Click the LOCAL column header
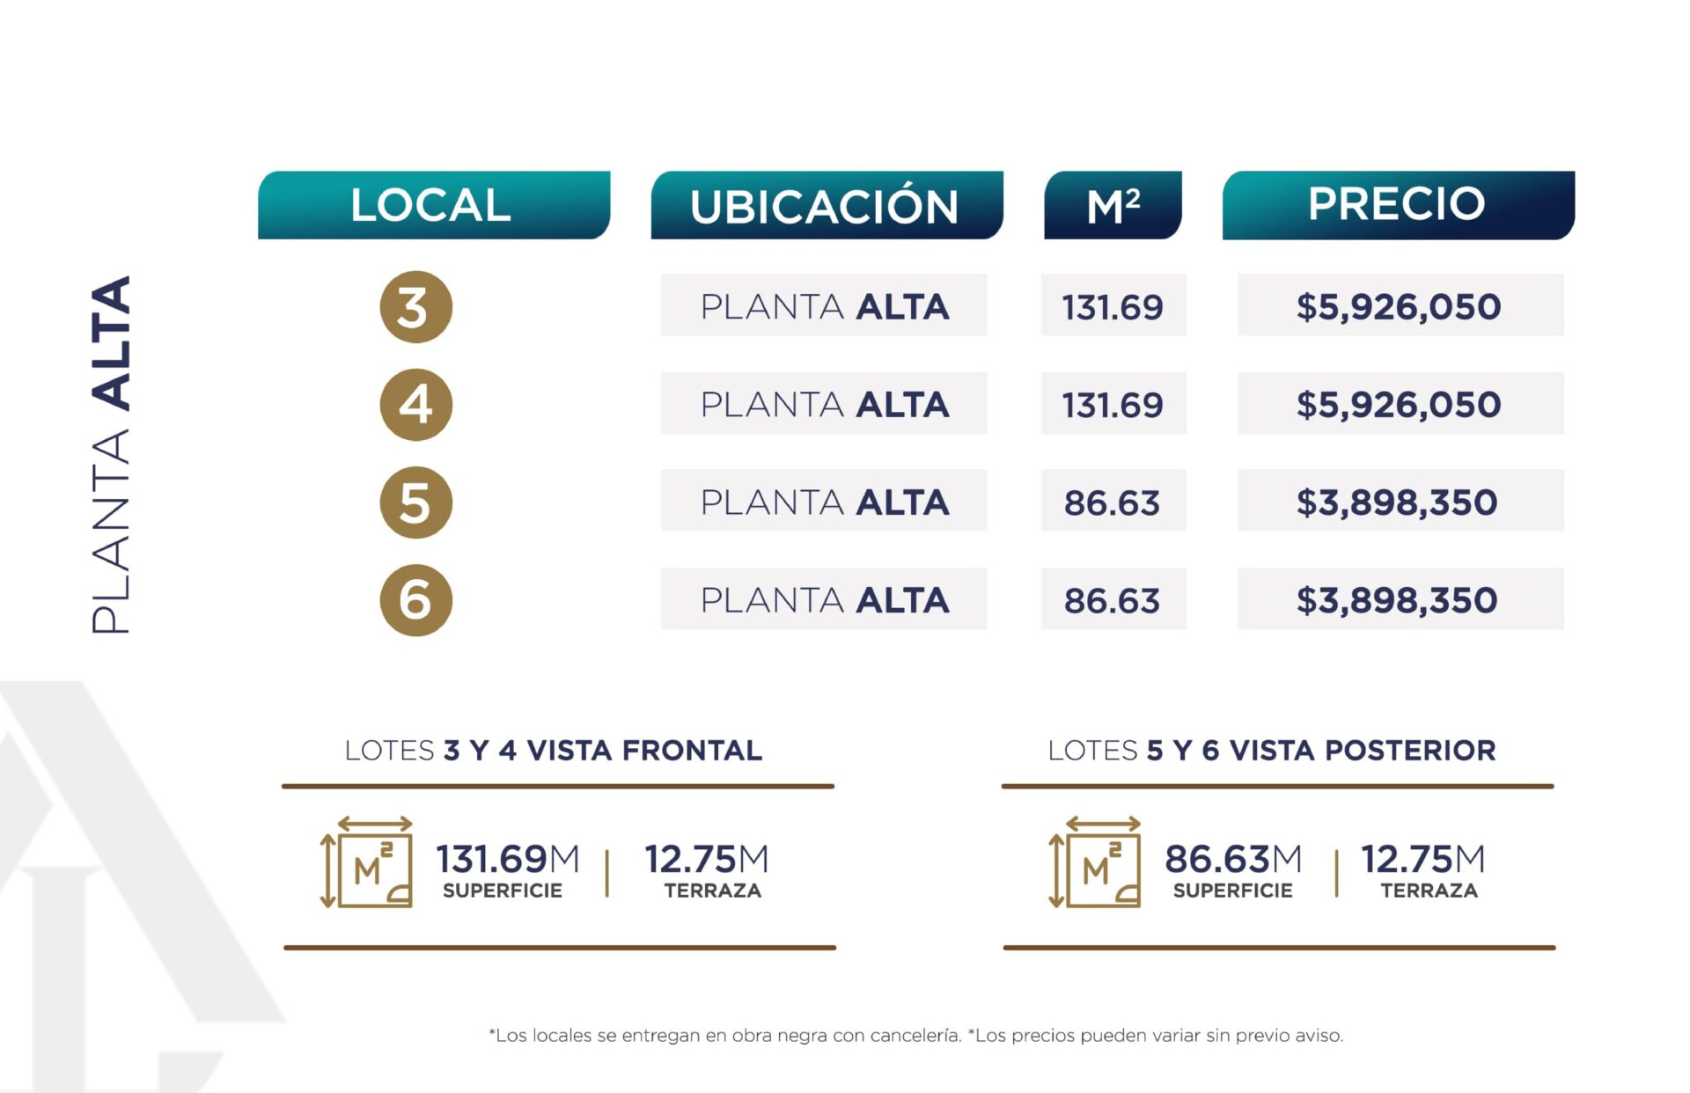(433, 205)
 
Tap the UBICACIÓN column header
(826, 205)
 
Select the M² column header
(1113, 205)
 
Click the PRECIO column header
(1398, 205)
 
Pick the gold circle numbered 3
(415, 307)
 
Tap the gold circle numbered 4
(415, 405)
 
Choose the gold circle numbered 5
(415, 502)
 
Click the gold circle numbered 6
(415, 600)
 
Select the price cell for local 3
(1400, 305)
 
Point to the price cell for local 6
(1400, 599)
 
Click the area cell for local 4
(1113, 404)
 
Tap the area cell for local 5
(1113, 502)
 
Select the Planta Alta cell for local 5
(824, 502)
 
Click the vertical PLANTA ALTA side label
(111, 455)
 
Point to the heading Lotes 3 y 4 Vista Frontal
(554, 751)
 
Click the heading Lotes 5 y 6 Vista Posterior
(1272, 751)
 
